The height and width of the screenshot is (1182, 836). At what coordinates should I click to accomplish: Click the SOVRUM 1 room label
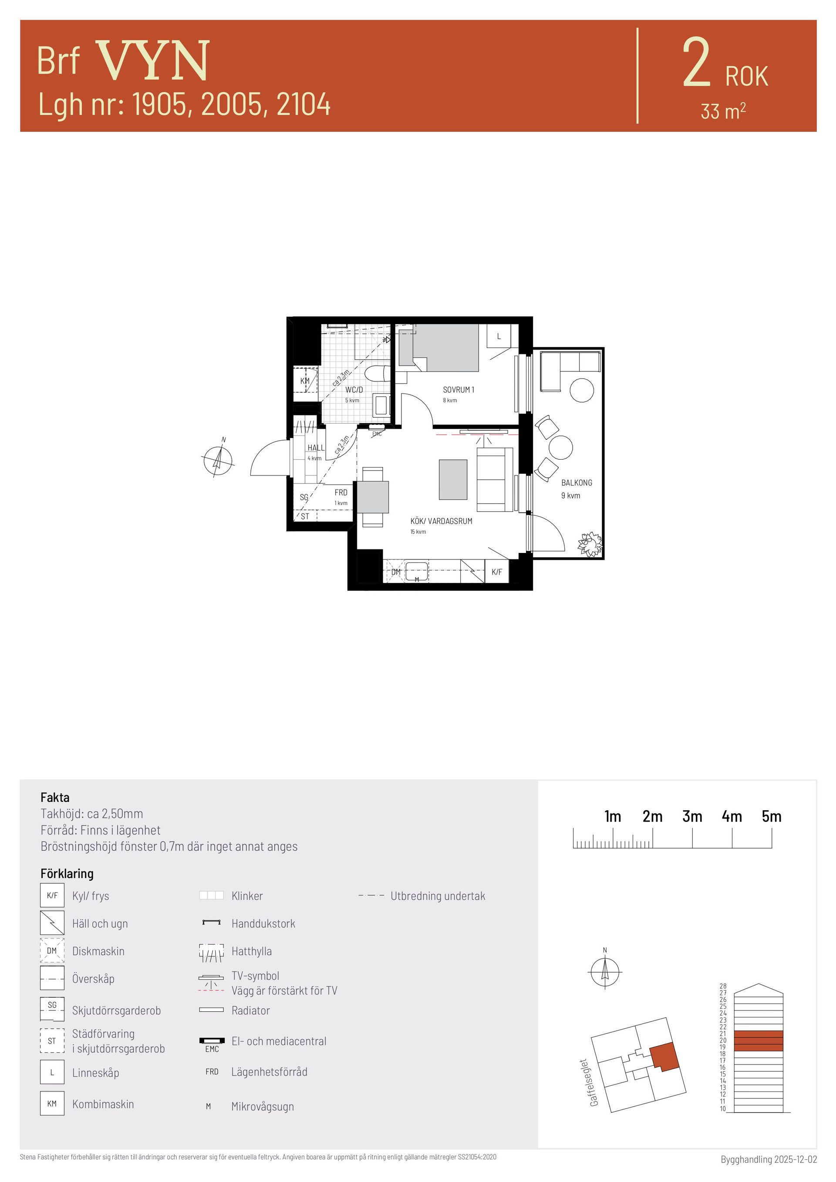[x=458, y=390]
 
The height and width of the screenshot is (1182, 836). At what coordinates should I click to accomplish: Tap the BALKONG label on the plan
[x=576, y=482]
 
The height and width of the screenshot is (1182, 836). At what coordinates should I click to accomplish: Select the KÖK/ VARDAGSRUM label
[x=441, y=521]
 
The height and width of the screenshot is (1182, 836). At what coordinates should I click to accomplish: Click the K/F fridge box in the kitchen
[x=497, y=572]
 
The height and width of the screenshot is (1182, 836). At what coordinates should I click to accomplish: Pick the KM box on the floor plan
[x=305, y=381]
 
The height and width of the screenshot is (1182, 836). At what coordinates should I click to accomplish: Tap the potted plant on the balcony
[x=590, y=544]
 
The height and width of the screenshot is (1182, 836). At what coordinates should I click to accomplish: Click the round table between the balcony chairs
[x=560, y=448]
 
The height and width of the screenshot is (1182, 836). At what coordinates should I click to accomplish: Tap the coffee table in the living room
[x=453, y=479]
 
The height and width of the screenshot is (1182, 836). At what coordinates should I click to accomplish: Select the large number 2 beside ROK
[x=697, y=64]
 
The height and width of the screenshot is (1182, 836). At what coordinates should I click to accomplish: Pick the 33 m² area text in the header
[x=723, y=111]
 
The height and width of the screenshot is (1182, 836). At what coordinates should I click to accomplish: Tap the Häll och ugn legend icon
[x=52, y=923]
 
